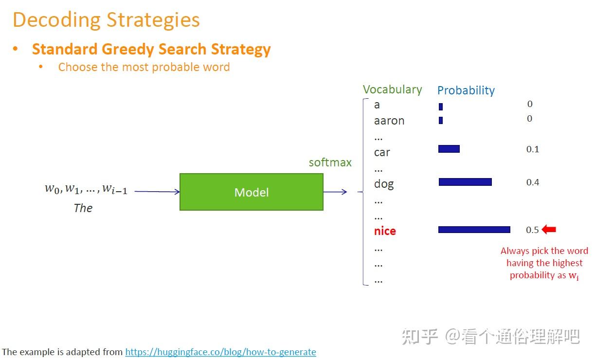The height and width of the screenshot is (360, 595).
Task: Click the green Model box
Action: click(252, 192)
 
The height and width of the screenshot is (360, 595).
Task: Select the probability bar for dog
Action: click(465, 182)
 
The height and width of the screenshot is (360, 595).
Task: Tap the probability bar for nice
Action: click(474, 230)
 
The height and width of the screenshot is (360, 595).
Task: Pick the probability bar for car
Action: click(449, 149)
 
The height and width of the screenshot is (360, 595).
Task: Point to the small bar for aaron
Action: click(441, 120)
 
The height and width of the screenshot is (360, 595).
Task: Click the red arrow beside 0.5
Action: click(549, 229)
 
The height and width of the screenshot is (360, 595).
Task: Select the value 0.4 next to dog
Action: click(533, 182)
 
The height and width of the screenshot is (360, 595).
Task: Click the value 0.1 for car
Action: click(533, 149)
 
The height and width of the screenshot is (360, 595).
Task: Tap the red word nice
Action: click(385, 231)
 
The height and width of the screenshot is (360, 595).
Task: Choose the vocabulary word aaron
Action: click(389, 121)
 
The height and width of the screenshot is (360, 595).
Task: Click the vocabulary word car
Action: click(382, 152)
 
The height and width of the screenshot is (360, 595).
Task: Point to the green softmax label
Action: click(330, 162)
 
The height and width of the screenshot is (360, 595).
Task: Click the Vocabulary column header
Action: click(392, 90)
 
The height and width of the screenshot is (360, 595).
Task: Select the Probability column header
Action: click(466, 90)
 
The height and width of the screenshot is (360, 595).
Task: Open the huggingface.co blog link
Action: click(221, 352)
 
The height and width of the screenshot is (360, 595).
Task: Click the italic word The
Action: click(83, 208)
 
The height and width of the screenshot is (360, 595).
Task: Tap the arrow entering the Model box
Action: click(157, 192)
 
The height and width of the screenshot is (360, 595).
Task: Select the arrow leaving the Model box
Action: click(335, 192)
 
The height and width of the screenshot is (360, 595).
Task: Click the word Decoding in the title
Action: click(57, 20)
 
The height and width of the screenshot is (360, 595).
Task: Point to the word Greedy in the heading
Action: click(128, 50)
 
